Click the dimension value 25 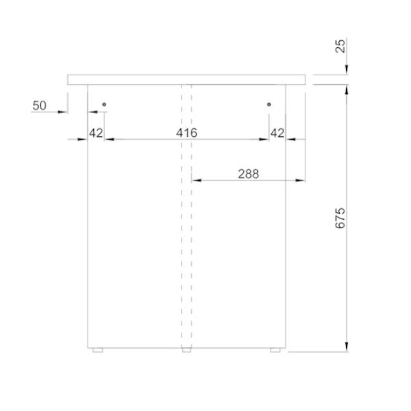(x=340, y=46)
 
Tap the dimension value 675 (x=340, y=219)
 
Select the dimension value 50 (x=39, y=105)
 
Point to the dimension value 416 (x=186, y=133)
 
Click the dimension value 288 (x=248, y=174)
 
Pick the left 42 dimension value (x=96, y=133)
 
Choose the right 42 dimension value (x=277, y=133)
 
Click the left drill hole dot (x=104, y=104)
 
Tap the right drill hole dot (x=269, y=104)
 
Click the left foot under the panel (x=98, y=350)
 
